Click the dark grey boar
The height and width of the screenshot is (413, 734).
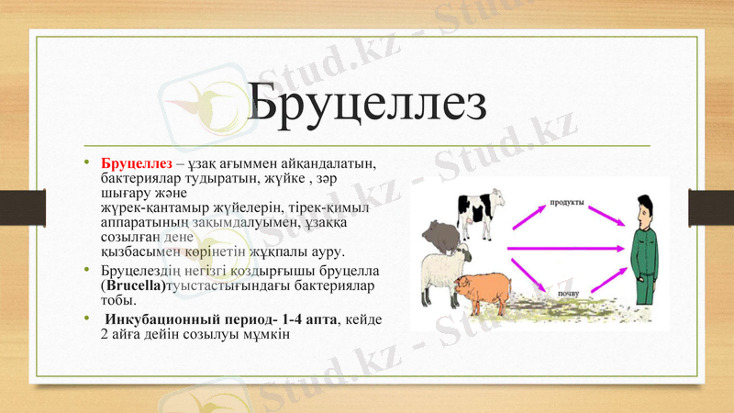coord(444,234)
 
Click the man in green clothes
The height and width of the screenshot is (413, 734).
coord(644,252)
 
